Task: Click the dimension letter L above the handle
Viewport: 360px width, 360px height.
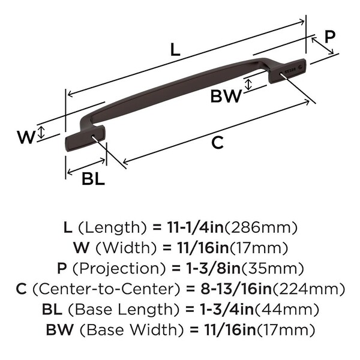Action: click(175, 50)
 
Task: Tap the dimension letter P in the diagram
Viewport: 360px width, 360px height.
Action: click(329, 37)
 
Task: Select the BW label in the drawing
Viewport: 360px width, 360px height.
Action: click(226, 96)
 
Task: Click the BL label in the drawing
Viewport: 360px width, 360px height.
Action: click(93, 178)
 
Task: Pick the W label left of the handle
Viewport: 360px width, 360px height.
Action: click(25, 137)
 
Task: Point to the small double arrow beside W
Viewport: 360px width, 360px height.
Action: click(40, 133)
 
